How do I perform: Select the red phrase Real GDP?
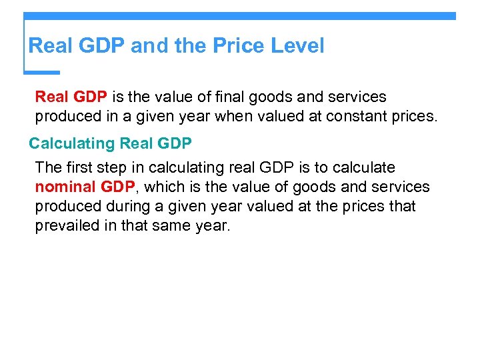tap(71, 97)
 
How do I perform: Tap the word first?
tap(79, 167)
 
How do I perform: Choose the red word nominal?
tap(64, 187)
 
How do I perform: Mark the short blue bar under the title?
tap(41, 72)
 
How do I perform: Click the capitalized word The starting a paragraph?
tap(48, 167)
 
